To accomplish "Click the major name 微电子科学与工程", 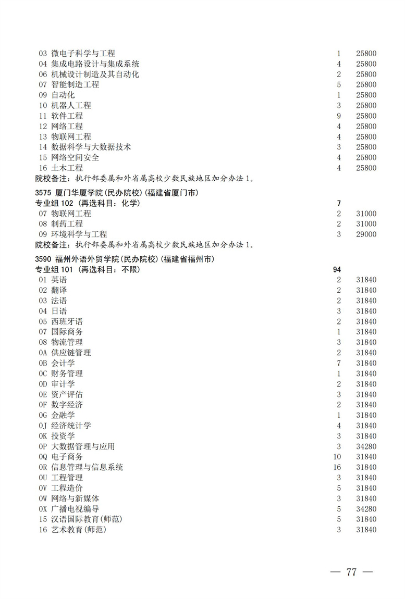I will click(83, 53).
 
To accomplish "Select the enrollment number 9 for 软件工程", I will click(339, 116).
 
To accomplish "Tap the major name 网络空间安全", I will click(75, 157).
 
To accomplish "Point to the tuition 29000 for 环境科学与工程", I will click(366, 234).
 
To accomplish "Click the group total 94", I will click(337, 269).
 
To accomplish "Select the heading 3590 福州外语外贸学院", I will click(125, 259).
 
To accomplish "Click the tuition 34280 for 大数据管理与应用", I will click(366, 446).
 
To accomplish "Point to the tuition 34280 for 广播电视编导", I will click(366, 509).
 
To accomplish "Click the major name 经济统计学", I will click(71, 426).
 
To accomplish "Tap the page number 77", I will click(351, 572).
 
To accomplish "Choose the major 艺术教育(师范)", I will click(79, 530).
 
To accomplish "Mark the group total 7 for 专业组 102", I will click(339, 203).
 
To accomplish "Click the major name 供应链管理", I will click(71, 353).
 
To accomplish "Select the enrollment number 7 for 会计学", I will click(339, 363).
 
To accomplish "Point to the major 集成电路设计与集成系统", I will click(95, 64).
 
